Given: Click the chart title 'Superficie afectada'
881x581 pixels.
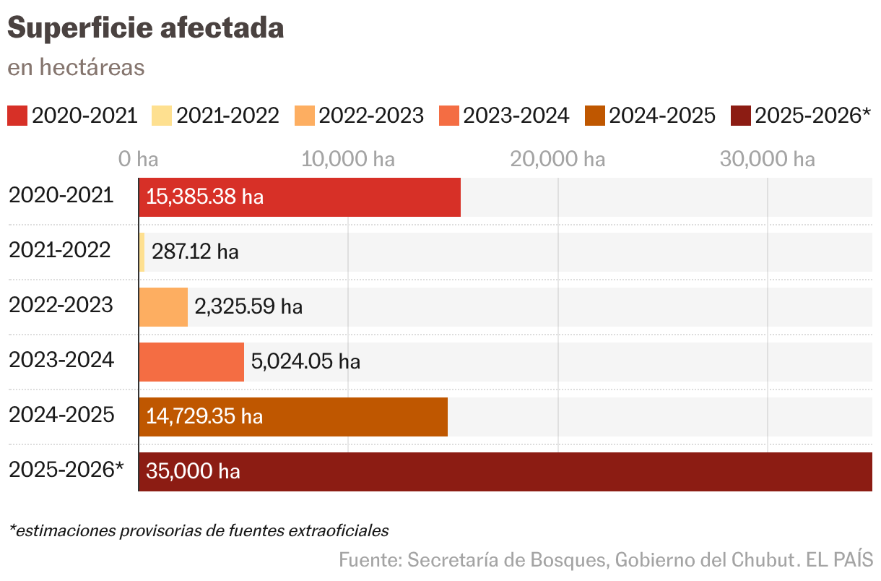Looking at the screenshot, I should (x=145, y=28).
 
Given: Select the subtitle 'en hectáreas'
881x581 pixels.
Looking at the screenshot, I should (x=76, y=67).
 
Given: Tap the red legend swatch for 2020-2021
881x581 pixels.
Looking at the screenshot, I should (x=17, y=116).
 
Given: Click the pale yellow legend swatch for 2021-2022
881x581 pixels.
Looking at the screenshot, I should (x=161, y=116).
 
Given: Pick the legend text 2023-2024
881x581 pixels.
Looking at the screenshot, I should (x=516, y=116).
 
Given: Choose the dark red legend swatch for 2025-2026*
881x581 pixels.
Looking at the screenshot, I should (x=741, y=116).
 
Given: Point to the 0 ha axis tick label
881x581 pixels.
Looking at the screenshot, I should (x=138, y=159).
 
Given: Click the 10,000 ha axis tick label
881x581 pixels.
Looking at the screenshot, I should (x=348, y=159).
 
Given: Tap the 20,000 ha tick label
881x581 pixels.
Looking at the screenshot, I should (x=557, y=159).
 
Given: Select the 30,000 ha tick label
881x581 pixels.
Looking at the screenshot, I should (x=767, y=159).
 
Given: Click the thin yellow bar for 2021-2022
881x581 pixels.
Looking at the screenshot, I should (x=142, y=252).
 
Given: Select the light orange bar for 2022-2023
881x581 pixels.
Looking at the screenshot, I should (x=163, y=307).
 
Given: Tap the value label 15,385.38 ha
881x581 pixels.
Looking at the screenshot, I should (x=204, y=197).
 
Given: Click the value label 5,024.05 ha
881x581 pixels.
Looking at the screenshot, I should (x=305, y=361).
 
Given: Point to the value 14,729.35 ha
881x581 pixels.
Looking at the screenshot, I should (x=204, y=417).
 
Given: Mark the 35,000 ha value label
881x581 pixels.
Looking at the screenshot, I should (x=193, y=472).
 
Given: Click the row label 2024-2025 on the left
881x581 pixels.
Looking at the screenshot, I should (x=61, y=415).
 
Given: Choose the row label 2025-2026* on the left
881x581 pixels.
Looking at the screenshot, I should (x=66, y=470).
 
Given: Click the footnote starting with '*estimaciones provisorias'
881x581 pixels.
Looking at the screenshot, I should (x=199, y=531).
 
